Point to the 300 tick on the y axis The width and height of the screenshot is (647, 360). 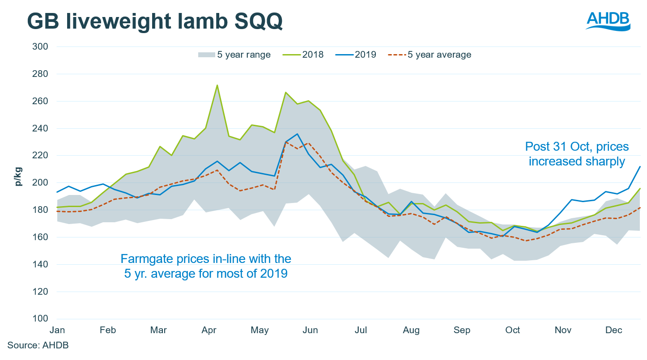(x=39, y=47)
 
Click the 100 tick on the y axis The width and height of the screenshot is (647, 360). (x=39, y=319)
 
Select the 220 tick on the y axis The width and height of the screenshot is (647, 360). (x=39, y=156)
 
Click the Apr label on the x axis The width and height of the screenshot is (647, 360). (x=209, y=330)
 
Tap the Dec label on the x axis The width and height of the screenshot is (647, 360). (x=614, y=330)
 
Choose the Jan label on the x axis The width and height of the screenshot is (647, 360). (x=57, y=330)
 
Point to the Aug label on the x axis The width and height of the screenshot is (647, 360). (x=411, y=330)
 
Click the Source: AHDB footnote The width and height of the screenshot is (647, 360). (x=38, y=345)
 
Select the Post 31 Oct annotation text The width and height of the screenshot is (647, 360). (x=577, y=153)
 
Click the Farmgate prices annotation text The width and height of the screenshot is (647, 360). (x=206, y=266)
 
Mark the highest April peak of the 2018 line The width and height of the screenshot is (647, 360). (x=217, y=85)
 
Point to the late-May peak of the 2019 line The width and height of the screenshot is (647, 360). (x=297, y=134)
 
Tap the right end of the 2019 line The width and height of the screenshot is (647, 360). (x=640, y=166)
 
